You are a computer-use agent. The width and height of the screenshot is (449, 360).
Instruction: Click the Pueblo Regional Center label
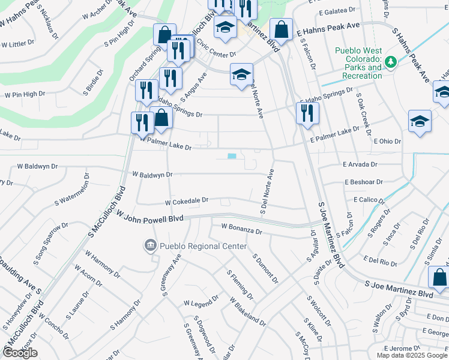click(203, 246)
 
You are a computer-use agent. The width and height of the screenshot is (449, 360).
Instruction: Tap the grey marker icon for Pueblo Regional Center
click(149, 245)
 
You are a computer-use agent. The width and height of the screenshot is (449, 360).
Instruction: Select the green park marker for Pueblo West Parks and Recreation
click(391, 62)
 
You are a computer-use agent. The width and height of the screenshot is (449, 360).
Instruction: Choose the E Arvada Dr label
click(360, 164)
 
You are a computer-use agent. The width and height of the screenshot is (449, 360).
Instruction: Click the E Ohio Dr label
click(387, 141)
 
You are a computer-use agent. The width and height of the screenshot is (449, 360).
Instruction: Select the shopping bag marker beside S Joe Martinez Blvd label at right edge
click(438, 277)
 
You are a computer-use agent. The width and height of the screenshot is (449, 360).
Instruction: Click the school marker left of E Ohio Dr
click(419, 121)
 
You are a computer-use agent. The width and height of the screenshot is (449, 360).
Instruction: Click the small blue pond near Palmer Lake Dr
click(232, 157)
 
